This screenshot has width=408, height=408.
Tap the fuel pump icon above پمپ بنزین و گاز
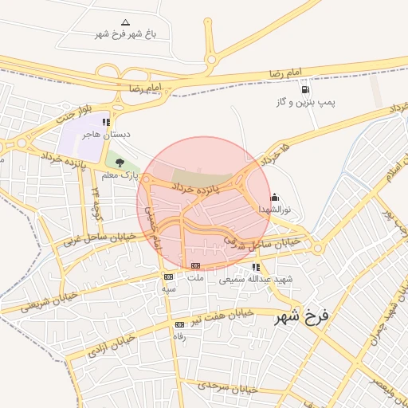click(x=305, y=89)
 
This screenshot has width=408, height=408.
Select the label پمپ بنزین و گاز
click(x=304, y=104)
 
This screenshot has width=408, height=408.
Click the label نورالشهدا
click(x=275, y=209)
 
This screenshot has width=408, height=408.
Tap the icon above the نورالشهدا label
click(x=275, y=196)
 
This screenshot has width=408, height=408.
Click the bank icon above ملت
click(x=195, y=265)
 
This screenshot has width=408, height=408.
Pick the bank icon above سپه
click(x=168, y=277)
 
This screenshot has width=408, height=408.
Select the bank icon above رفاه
click(x=178, y=324)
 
